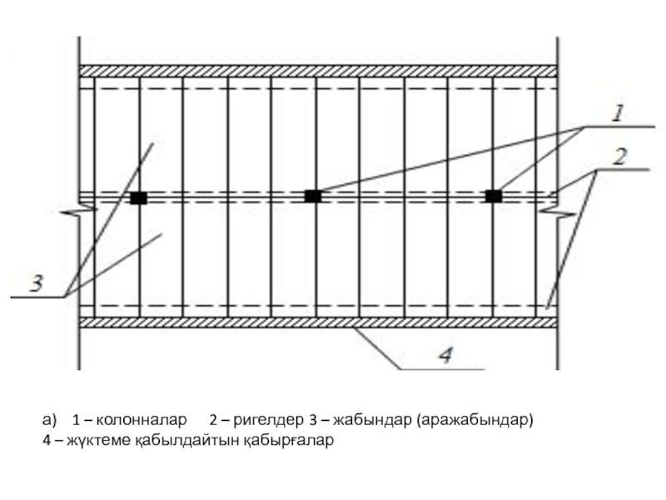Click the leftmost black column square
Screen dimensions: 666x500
[x=138, y=197]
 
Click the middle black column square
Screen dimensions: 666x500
[x=312, y=197]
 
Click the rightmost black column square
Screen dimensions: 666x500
[x=494, y=196]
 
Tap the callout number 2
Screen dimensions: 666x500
[x=620, y=156]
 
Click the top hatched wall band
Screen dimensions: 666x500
[x=316, y=72]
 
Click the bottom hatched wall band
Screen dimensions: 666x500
[x=316, y=322]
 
